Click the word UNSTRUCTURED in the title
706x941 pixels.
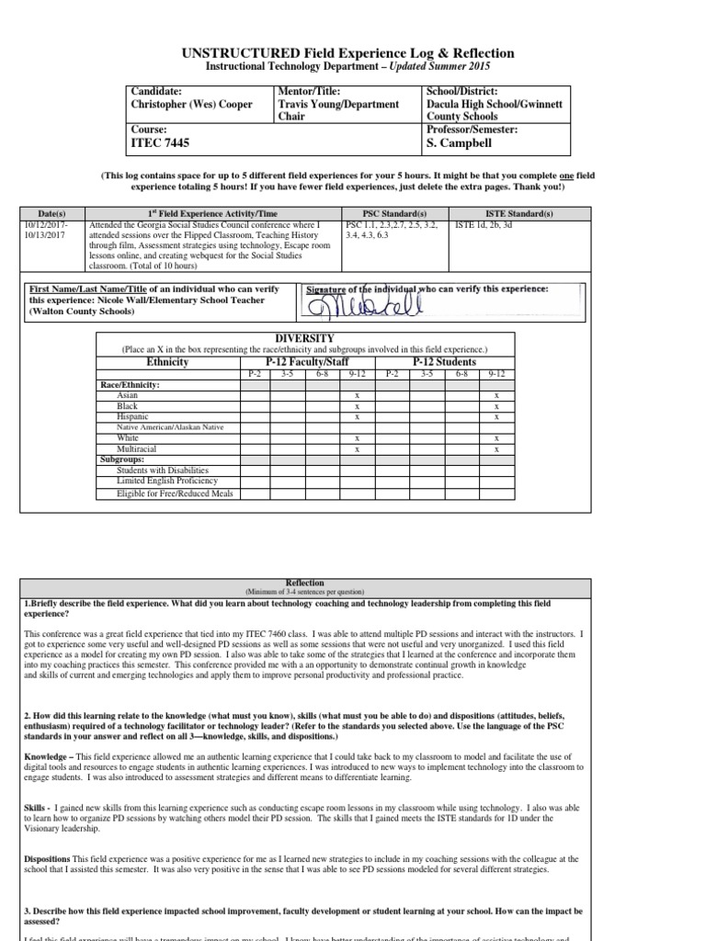coord(255,54)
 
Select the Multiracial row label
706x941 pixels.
coord(136,449)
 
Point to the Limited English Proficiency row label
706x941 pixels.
coord(166,481)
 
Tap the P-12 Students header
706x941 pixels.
coord(444,362)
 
